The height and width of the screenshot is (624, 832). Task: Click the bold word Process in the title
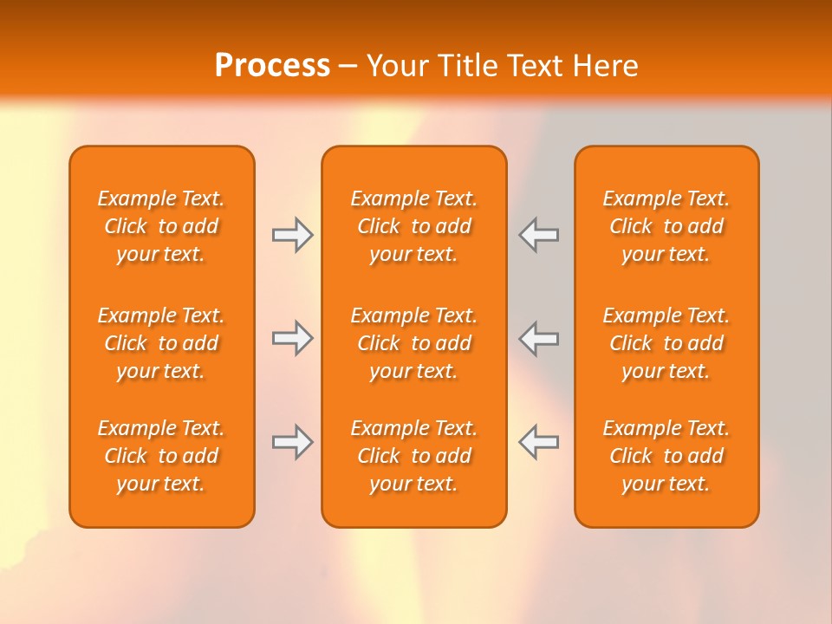[x=272, y=66]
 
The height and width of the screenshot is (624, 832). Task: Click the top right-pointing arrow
[x=293, y=235]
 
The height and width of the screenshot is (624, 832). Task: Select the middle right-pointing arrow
[x=293, y=338]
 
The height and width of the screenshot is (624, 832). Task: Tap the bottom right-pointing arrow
[x=293, y=442]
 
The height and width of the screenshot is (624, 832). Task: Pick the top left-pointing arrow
[x=538, y=235]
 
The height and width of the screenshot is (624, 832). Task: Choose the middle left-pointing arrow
[x=538, y=338]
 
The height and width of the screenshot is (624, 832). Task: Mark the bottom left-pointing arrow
[x=538, y=442]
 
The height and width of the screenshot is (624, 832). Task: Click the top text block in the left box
[x=161, y=226]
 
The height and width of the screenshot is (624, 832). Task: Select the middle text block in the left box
[x=161, y=343]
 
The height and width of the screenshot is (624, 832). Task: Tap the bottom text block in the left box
[x=161, y=456]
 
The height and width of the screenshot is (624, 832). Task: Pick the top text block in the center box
[x=413, y=226]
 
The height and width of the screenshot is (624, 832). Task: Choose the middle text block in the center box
[x=413, y=343]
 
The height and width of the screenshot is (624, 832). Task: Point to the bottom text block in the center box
[x=413, y=456]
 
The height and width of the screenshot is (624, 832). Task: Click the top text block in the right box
[x=666, y=226]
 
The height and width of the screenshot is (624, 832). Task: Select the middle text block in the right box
[x=666, y=343]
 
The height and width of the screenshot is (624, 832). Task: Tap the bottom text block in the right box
[x=666, y=456]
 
